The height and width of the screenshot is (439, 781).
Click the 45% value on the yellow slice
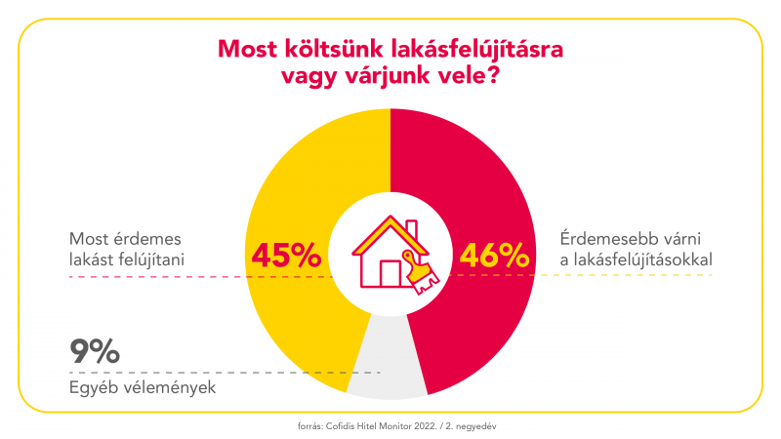286,256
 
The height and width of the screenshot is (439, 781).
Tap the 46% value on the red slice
494,256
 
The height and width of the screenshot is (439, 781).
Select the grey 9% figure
95,351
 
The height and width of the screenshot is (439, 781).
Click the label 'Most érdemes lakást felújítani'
127,249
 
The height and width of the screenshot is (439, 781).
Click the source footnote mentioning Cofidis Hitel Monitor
390,425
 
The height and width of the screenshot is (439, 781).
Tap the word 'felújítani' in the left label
151,259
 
